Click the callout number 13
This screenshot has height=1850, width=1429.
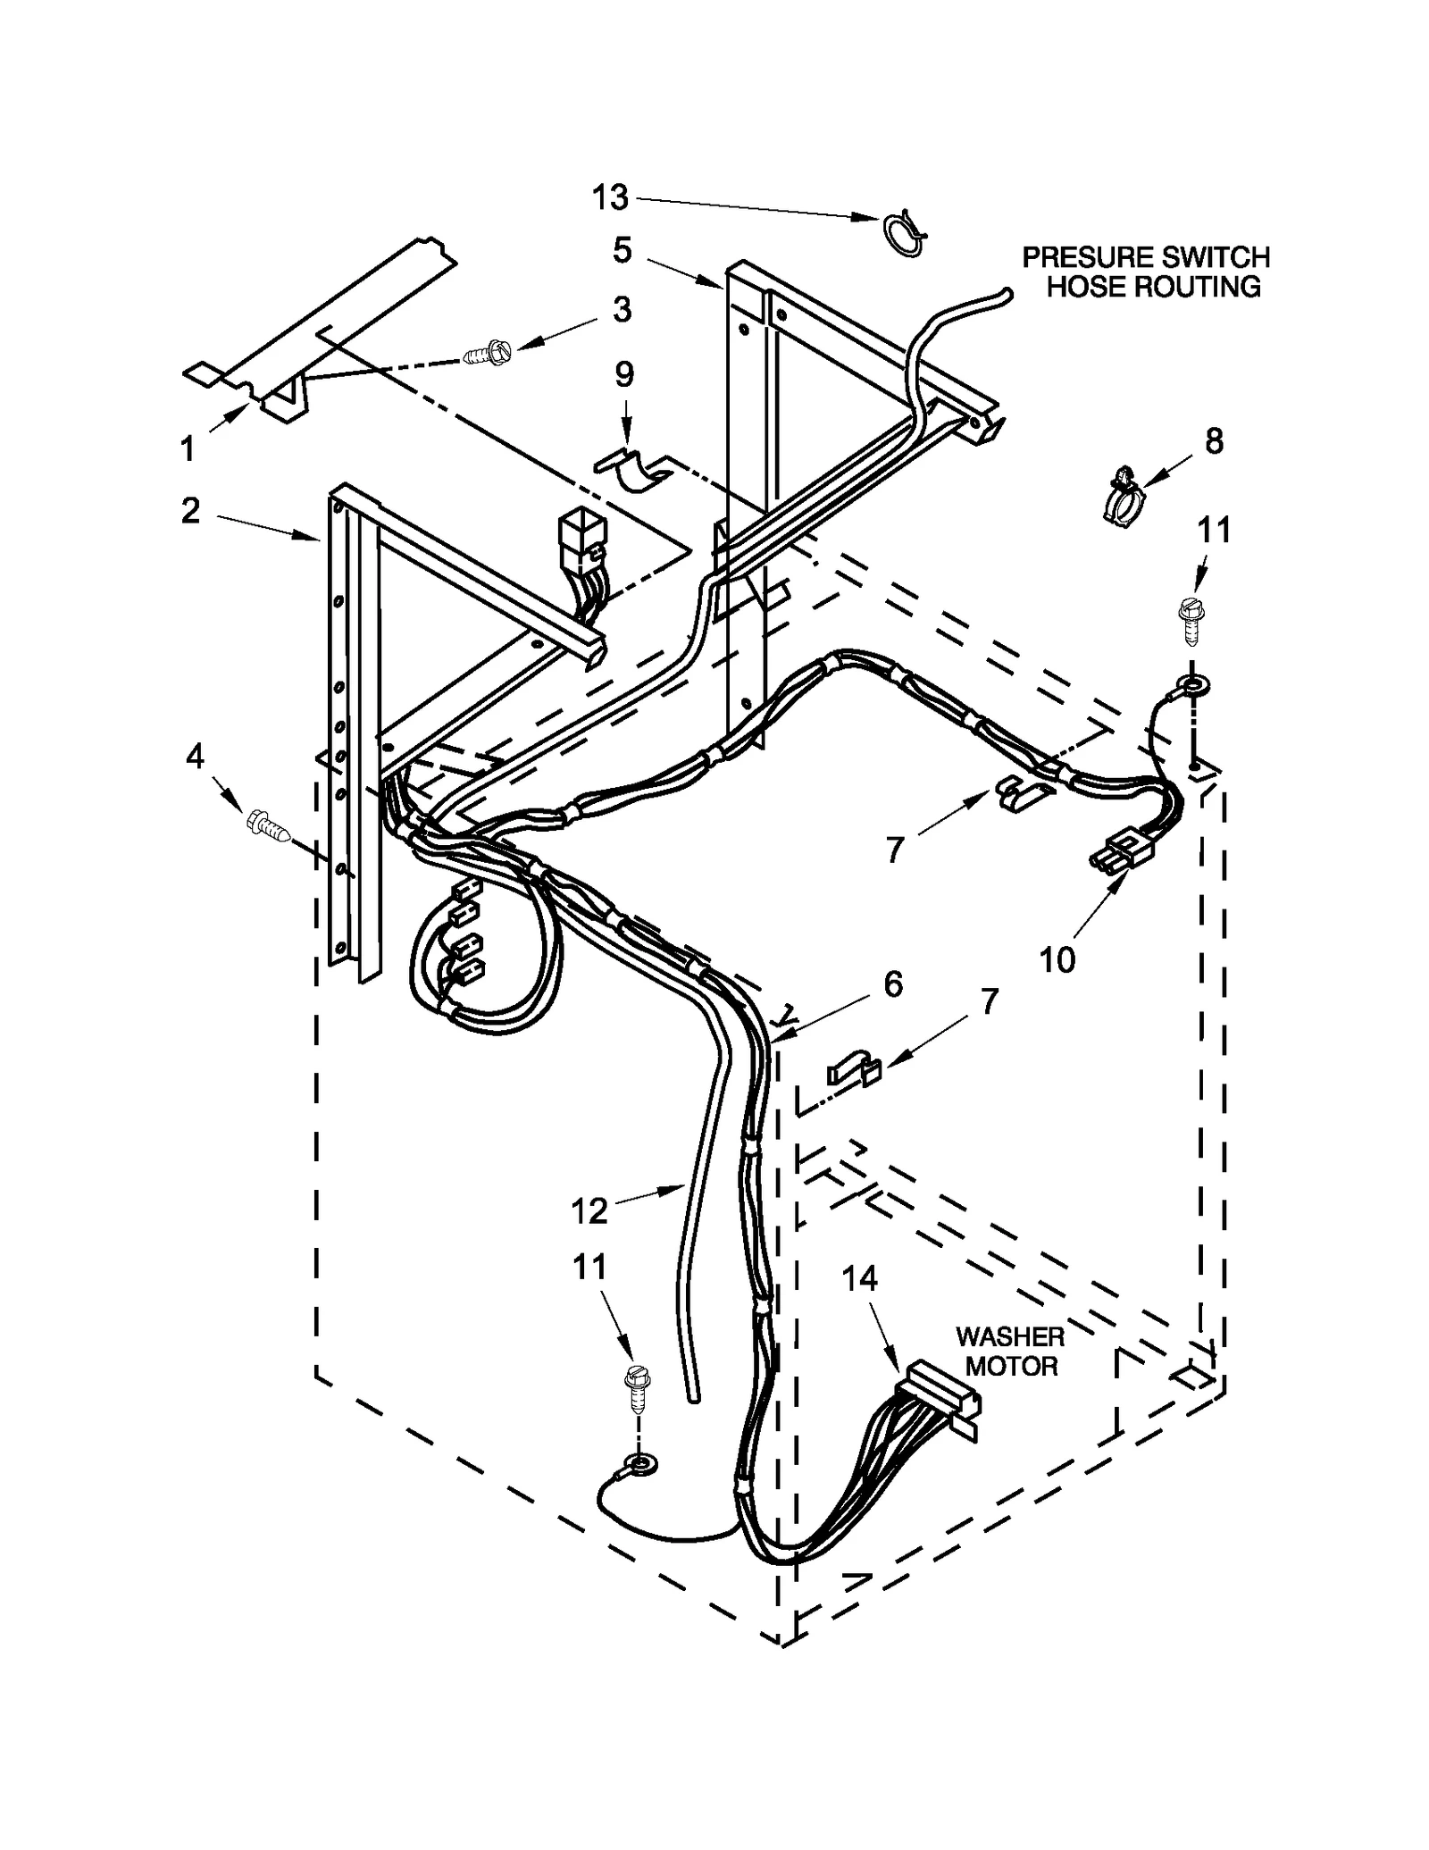(611, 197)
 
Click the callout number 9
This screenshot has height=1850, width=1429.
(624, 374)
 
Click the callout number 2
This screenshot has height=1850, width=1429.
(190, 511)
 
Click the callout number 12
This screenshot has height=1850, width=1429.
(589, 1210)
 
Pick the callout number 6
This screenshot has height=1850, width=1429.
(892, 984)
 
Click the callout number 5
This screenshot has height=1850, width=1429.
(623, 250)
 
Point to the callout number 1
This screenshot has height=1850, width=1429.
(188, 448)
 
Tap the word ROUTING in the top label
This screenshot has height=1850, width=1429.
(1203, 287)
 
